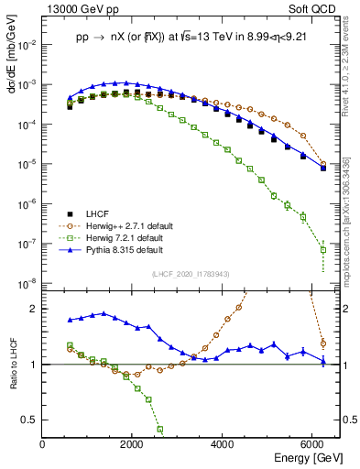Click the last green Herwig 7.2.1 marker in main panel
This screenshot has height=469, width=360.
322,249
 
